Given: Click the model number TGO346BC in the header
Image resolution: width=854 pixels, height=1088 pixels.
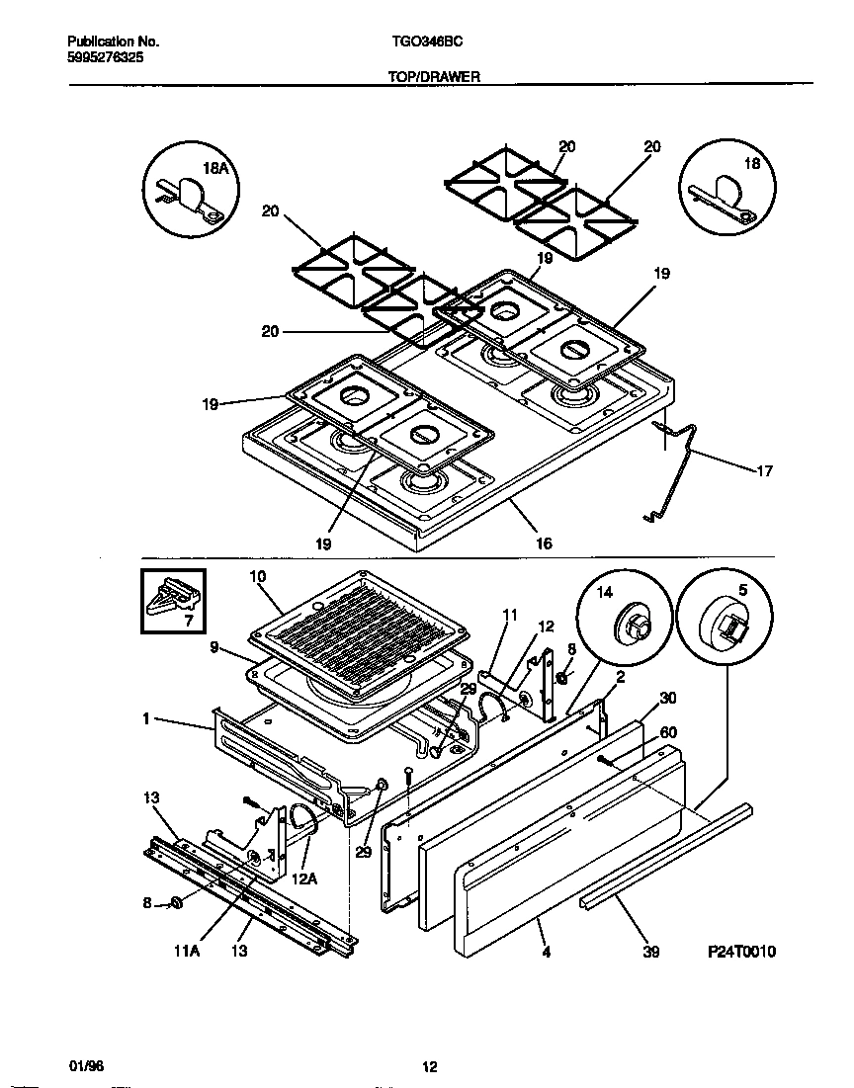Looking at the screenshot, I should [x=421, y=42].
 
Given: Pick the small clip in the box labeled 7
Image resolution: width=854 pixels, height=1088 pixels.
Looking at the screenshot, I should [x=171, y=599].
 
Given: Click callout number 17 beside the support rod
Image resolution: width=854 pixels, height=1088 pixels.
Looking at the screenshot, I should [x=763, y=471].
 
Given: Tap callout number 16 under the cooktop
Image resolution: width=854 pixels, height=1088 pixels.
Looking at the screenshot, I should [x=544, y=544].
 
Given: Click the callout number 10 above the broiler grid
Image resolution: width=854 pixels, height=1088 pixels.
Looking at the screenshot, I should [x=258, y=576].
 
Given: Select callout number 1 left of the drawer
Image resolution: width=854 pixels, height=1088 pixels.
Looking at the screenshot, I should [x=146, y=719].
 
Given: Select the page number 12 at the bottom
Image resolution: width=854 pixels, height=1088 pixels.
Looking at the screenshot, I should [x=429, y=1066].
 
